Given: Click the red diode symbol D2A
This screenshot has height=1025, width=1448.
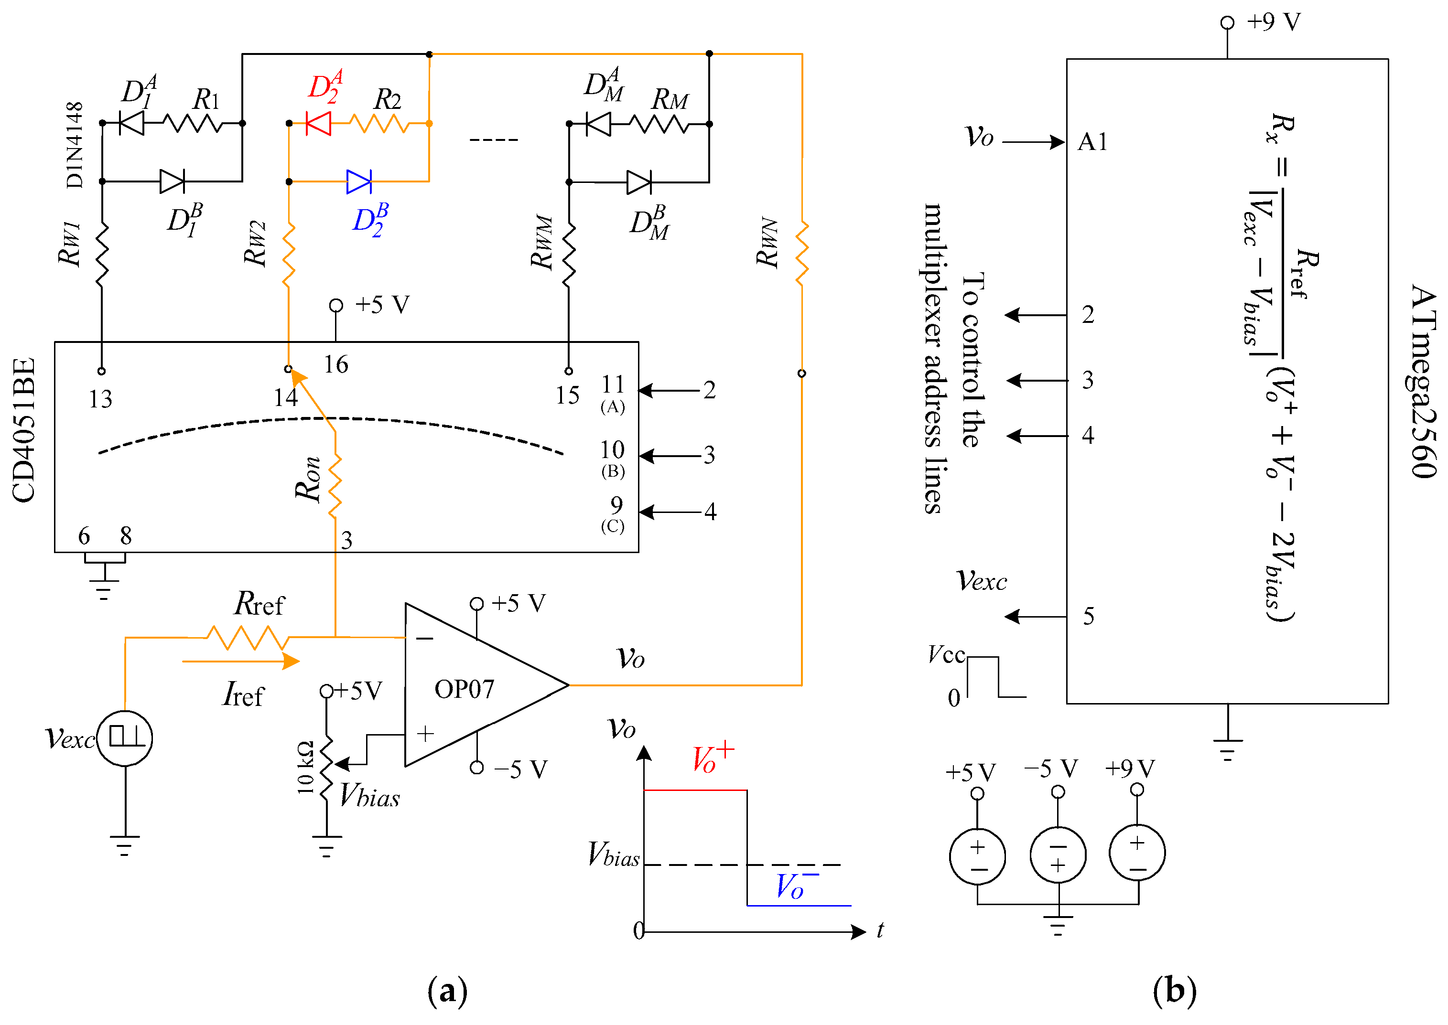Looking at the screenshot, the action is pyautogui.click(x=318, y=123).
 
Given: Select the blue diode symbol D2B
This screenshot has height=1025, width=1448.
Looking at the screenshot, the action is pyautogui.click(x=359, y=182).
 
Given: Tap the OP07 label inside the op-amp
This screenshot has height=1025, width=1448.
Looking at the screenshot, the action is pyautogui.click(x=464, y=689).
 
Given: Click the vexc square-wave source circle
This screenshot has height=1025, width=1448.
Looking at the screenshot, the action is pyautogui.click(x=125, y=738).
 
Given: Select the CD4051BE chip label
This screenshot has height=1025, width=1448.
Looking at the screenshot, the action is pyautogui.click(x=24, y=430).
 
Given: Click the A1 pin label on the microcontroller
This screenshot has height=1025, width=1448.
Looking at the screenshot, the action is pyautogui.click(x=1092, y=141).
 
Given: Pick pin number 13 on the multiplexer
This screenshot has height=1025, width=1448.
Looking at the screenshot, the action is pyautogui.click(x=100, y=399).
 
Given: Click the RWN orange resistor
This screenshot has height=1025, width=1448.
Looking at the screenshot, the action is pyautogui.click(x=802, y=253).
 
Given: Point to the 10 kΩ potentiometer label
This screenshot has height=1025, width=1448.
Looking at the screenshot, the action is pyautogui.click(x=305, y=768).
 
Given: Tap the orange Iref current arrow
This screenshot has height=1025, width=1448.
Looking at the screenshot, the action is pyautogui.click(x=240, y=662).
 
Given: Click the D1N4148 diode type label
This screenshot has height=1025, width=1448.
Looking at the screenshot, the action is pyautogui.click(x=74, y=145).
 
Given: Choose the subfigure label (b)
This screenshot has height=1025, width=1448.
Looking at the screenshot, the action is pyautogui.click(x=1174, y=991).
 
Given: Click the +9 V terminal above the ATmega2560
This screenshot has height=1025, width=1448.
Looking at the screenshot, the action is pyautogui.click(x=1227, y=23).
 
